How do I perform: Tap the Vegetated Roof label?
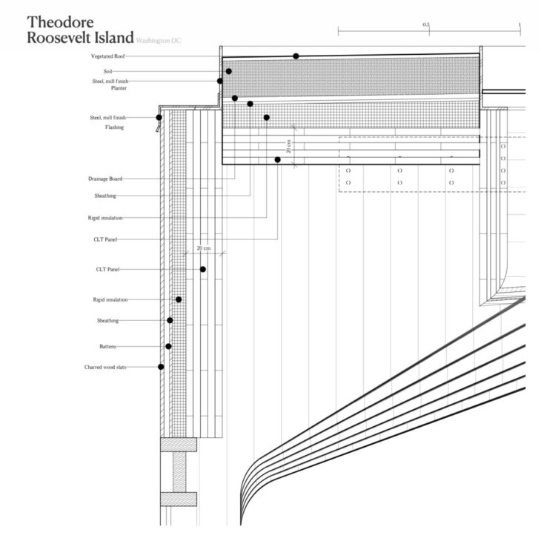click(x=108, y=56)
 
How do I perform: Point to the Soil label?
click(x=107, y=71)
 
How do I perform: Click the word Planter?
click(x=119, y=88)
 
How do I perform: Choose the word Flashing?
click(x=114, y=127)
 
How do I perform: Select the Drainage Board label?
click(x=104, y=179)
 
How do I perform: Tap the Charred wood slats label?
click(x=104, y=367)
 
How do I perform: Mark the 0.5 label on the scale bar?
click(x=426, y=24)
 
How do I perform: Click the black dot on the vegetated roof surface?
click(x=296, y=56)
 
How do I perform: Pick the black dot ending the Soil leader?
click(x=229, y=71)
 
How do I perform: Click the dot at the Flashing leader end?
click(x=159, y=117)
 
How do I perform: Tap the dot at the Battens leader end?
click(x=168, y=346)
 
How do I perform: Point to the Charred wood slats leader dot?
click(x=161, y=367)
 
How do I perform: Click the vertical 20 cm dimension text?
click(x=289, y=146)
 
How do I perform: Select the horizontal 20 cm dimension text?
click(x=203, y=248)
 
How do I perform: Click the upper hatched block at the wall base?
click(x=179, y=445)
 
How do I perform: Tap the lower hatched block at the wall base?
click(x=179, y=499)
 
